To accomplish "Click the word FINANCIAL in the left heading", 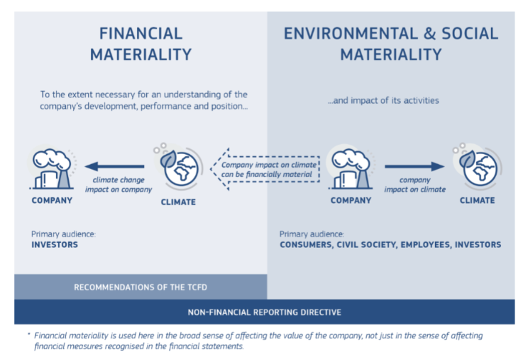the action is point(141,33).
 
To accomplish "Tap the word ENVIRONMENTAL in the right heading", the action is point(351,33).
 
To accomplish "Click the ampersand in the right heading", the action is point(429,33).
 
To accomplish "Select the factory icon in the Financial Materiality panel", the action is point(52,168).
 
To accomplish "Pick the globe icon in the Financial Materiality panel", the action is point(178,165).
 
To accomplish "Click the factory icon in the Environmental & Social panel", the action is point(351,168).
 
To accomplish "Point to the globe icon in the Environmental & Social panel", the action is point(478,165).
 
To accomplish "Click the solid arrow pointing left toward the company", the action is point(114,166).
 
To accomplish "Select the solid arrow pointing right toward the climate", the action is point(414,166).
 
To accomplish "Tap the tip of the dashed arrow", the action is point(211,169).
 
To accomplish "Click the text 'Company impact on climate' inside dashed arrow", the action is point(269,165).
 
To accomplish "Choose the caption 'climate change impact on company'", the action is point(119,185).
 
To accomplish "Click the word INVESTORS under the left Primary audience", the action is point(55,244).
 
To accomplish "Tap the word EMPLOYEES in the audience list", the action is point(425,244).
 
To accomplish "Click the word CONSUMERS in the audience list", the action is point(305,244).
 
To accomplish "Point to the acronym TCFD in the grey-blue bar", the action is point(197,288).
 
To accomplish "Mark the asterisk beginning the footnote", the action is point(29,334).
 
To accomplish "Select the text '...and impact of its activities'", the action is point(383,100).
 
